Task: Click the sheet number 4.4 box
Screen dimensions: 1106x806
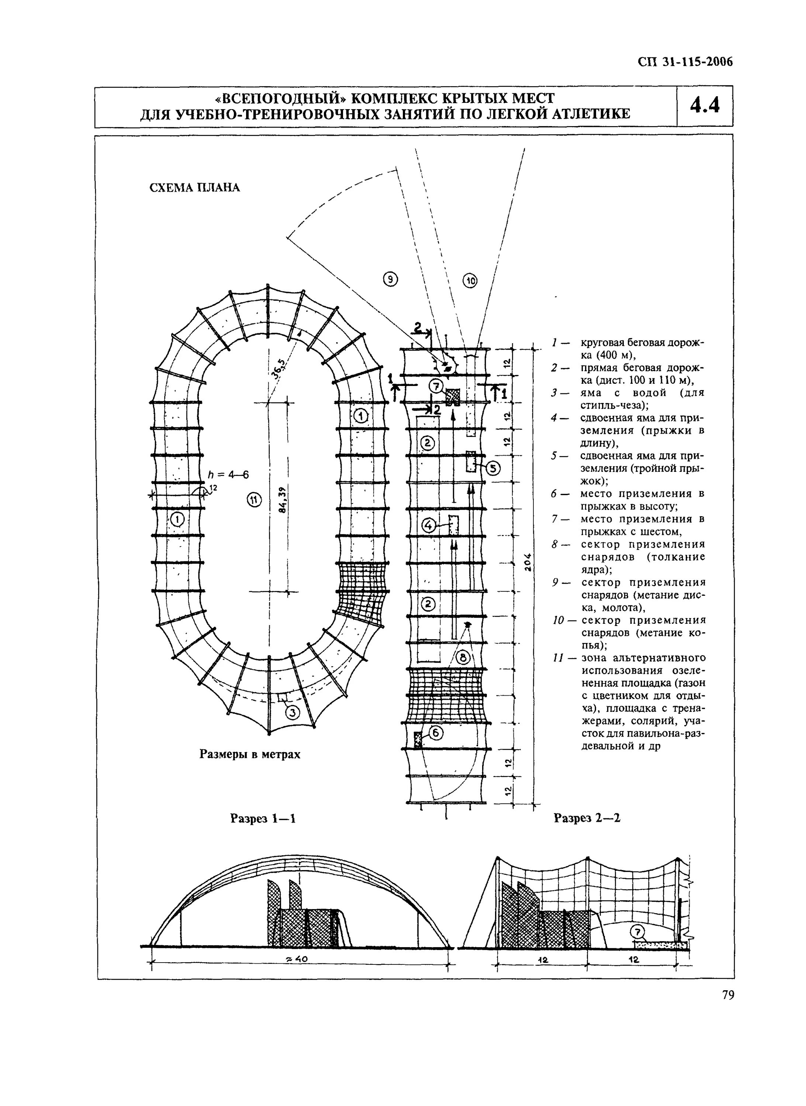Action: [x=705, y=106]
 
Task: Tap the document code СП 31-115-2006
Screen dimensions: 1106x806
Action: [x=685, y=62]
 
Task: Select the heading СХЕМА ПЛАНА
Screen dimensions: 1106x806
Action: [x=194, y=188]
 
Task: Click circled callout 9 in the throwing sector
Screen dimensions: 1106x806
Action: [x=390, y=279]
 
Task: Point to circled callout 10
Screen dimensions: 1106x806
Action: [x=470, y=281]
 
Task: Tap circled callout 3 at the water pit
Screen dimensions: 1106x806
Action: [x=292, y=713]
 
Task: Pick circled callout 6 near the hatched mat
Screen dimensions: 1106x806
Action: [x=436, y=733]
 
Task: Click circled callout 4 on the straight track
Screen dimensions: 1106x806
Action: [x=429, y=525]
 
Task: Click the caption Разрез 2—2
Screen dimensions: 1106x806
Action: [x=587, y=818]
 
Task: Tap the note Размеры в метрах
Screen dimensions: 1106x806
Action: [x=250, y=754]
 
